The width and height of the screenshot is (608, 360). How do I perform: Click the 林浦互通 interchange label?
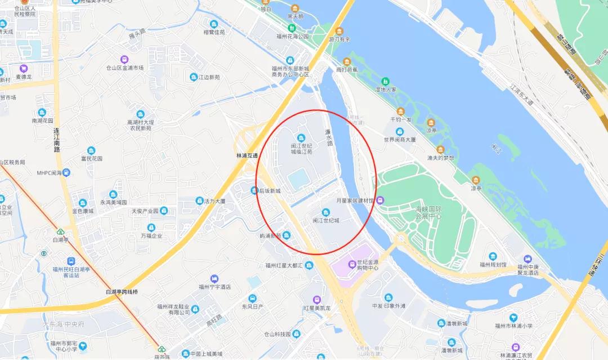click(x=247, y=155)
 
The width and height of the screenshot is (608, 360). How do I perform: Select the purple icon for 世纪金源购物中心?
click(x=351, y=263)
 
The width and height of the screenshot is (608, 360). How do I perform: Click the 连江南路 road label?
click(x=57, y=141)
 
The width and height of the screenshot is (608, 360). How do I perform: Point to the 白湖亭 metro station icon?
click(x=60, y=232)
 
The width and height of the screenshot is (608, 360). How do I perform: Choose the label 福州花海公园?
click(x=292, y=37)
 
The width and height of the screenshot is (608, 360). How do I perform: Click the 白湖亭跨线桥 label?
click(x=122, y=292)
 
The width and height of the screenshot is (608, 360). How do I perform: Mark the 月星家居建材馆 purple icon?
click(x=380, y=200)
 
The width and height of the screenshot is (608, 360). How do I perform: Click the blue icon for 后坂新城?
click(x=254, y=190)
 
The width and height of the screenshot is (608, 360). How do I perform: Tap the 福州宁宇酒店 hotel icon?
click(x=214, y=278)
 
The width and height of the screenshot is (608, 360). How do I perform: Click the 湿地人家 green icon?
click(x=386, y=81)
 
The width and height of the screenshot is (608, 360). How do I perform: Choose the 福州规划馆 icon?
click(x=493, y=256)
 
